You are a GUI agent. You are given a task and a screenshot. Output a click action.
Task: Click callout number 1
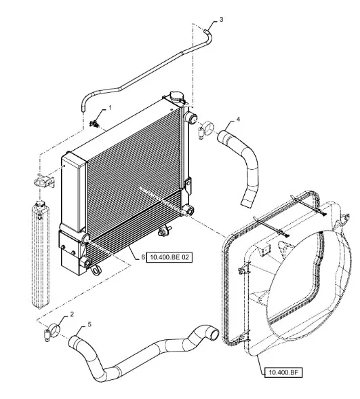tap(110, 108)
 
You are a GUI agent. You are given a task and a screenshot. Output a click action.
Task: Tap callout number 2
tap(72, 314)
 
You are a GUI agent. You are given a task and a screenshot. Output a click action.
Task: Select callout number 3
tap(221, 19)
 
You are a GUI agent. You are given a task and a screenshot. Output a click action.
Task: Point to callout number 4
tap(238, 119)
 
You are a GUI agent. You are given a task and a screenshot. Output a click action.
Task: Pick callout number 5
tap(89, 324)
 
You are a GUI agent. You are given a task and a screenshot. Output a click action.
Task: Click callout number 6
tap(143, 257)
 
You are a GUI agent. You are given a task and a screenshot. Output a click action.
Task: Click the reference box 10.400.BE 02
tap(169, 257)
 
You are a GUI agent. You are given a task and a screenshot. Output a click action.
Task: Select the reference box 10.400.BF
tap(283, 373)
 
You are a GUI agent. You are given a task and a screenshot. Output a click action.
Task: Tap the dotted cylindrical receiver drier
tap(40, 254)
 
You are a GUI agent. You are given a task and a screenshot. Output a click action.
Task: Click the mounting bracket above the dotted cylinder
tap(45, 180)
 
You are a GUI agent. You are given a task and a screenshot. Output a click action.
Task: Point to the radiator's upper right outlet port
tap(191, 118)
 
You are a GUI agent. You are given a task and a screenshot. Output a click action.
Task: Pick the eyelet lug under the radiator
tap(96, 271)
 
